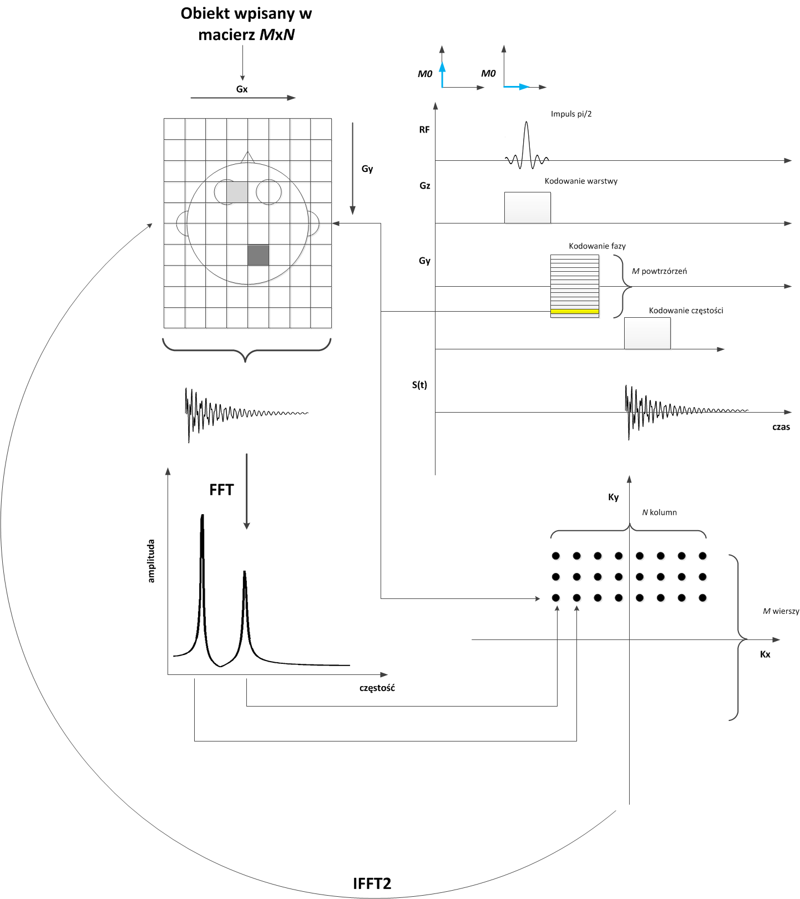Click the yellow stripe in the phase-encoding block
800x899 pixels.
pos(575,312)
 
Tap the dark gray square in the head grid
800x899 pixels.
pos(258,255)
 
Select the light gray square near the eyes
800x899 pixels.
pos(237,192)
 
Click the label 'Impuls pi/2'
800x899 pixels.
pos(571,114)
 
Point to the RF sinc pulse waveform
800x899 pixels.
pos(526,147)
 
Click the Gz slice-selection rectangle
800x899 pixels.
pos(527,207)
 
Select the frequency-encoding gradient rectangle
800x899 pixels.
pos(647,333)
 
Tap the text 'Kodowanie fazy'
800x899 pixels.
pos(597,246)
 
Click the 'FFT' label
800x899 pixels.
pos(221,490)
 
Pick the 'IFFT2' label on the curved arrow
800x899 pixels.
pos(372,883)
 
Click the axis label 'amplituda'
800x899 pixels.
pos(151,561)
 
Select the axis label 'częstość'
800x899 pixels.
pos(377,688)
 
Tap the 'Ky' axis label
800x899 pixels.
pos(613,497)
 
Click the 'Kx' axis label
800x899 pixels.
pos(765,654)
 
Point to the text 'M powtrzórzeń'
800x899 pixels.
pos(659,271)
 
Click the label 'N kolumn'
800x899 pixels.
pos(659,512)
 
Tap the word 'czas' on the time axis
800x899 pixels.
pos(781,427)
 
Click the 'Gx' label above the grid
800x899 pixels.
pos(242,89)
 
